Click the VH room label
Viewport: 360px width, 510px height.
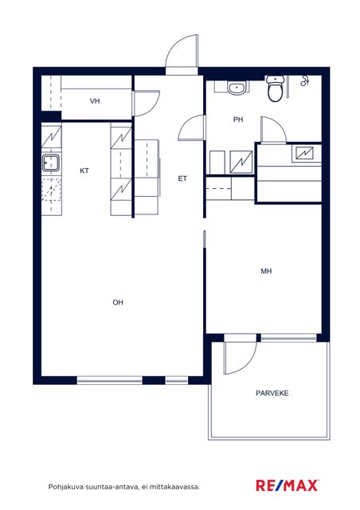coord(95,101)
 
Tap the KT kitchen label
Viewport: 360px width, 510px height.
coord(84,171)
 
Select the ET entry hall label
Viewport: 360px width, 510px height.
coord(182,178)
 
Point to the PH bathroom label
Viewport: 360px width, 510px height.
coord(238,120)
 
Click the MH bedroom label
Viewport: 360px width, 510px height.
coord(266,271)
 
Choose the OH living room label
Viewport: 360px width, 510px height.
coord(118,303)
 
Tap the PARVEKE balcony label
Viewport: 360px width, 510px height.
coord(272,393)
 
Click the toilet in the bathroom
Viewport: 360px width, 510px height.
coord(275,88)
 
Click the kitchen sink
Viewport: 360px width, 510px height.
coord(51,163)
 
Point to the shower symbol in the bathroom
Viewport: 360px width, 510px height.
coord(304,80)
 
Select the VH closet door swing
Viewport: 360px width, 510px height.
coord(146,103)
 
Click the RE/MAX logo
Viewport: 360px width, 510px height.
coord(288,485)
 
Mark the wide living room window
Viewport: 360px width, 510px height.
coord(110,380)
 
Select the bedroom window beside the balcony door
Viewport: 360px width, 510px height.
coord(288,338)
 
